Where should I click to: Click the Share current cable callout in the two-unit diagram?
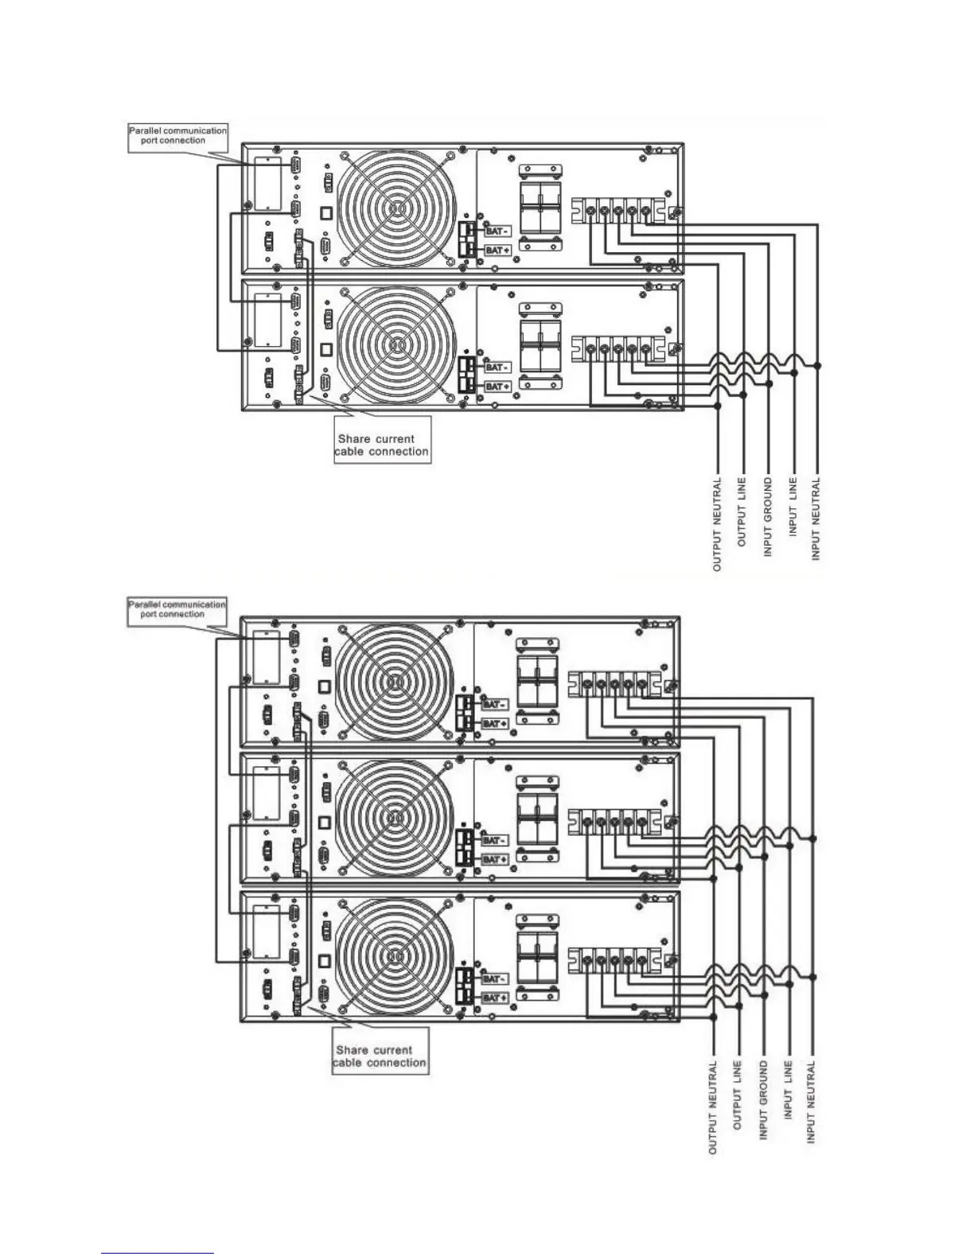coord(382,445)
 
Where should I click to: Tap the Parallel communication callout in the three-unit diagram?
coord(177,609)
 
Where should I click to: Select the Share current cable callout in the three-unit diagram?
coord(380,1056)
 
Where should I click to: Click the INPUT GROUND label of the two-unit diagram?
coord(768,517)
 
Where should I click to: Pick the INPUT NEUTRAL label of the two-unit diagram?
coord(817,519)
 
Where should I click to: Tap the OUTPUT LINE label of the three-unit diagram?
coord(738,1096)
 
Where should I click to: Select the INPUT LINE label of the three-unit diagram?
coord(788,1091)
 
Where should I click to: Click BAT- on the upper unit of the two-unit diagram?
coord(496,231)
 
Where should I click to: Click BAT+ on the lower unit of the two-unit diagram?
coord(497,386)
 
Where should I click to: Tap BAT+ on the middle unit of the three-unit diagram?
coord(493,860)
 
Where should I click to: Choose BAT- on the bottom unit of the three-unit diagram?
coord(493,978)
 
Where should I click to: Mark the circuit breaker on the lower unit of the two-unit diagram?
coord(540,344)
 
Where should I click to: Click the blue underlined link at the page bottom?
coord(158,1252)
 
